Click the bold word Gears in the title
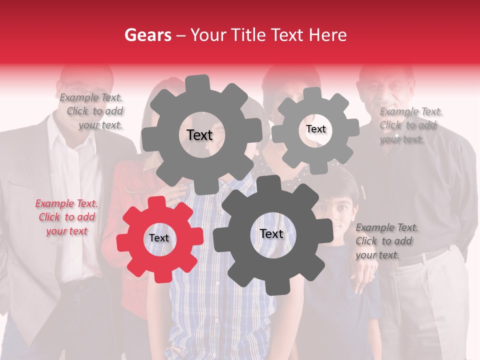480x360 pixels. pyautogui.click(x=147, y=35)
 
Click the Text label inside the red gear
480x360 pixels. pyautogui.click(x=159, y=238)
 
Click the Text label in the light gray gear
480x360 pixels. pyautogui.click(x=315, y=129)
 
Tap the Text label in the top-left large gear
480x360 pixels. pyautogui.click(x=199, y=135)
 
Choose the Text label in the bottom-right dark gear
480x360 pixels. pyautogui.click(x=271, y=233)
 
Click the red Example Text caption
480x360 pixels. pyautogui.click(x=66, y=217)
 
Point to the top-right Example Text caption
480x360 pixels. pyautogui.click(x=410, y=125)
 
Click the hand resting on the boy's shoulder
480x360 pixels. pyautogui.click(x=367, y=275)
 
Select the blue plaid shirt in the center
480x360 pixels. pyautogui.click(x=220, y=310)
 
